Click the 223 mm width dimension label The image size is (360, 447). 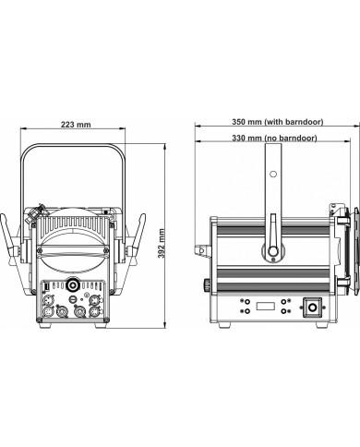pyautogui.click(x=76, y=125)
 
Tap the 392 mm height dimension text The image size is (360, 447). pyautogui.click(x=162, y=243)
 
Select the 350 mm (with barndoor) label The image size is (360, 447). pyautogui.click(x=278, y=122)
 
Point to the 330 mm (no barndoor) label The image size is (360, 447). pyautogui.click(x=274, y=138)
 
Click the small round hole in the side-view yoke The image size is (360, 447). pyautogui.click(x=273, y=174)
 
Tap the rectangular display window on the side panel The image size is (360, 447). pyautogui.click(x=265, y=307)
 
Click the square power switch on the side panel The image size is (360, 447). pyautogui.click(x=313, y=308)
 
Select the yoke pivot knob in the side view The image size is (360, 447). pyautogui.click(x=272, y=251)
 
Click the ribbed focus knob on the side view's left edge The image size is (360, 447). pyautogui.click(x=207, y=284)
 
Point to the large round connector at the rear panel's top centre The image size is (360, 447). pyautogui.click(x=73, y=284)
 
